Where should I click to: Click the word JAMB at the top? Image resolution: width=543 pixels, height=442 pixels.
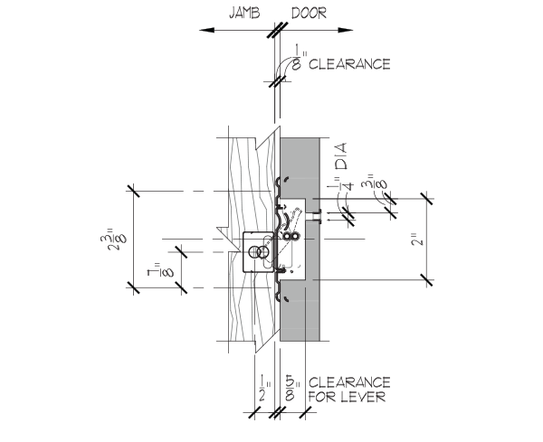[x=244, y=14]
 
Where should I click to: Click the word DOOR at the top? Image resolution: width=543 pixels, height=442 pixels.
[x=309, y=14]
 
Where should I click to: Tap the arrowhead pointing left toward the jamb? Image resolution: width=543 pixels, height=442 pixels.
[x=207, y=30]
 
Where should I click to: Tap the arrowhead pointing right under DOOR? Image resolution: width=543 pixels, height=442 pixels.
[x=346, y=30]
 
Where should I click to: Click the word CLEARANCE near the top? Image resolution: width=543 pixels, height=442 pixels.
[x=349, y=64]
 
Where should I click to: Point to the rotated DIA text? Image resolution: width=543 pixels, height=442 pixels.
[x=341, y=156]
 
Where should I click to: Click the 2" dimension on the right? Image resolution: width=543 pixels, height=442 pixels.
[x=417, y=240]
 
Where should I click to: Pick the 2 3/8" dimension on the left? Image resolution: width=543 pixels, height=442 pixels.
[x=113, y=239]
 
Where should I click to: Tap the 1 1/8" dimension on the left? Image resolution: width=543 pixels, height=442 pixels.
[x=160, y=269]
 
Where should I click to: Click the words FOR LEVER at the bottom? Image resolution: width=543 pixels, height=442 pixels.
[x=347, y=397]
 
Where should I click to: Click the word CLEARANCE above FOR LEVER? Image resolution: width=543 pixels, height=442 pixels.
[x=349, y=382]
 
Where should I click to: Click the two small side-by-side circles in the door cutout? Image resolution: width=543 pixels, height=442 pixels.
[x=291, y=236]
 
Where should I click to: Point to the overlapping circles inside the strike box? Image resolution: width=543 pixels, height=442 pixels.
[x=259, y=252]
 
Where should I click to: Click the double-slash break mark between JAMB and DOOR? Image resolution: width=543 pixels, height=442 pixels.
[x=278, y=30]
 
